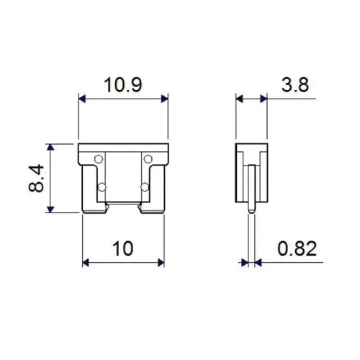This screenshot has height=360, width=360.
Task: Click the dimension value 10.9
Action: click(x=122, y=85)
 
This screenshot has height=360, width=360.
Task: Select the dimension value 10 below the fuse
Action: click(x=123, y=248)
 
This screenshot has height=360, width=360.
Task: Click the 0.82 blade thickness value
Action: click(x=297, y=248)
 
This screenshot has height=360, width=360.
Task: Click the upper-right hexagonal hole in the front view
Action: click(x=147, y=158)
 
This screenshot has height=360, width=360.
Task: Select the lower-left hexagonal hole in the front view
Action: click(x=101, y=188)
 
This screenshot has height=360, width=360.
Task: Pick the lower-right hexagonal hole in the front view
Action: click(x=147, y=188)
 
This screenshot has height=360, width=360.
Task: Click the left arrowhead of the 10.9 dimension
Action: click(x=81, y=97)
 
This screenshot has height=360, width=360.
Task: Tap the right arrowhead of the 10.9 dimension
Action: click(x=165, y=97)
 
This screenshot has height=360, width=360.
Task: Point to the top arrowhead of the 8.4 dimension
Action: click(x=50, y=146)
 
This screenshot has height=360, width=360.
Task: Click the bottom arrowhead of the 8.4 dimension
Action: click(x=50, y=208)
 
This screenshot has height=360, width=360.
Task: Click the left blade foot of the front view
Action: click(x=96, y=210)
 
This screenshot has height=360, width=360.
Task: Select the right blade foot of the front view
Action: click(x=153, y=210)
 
